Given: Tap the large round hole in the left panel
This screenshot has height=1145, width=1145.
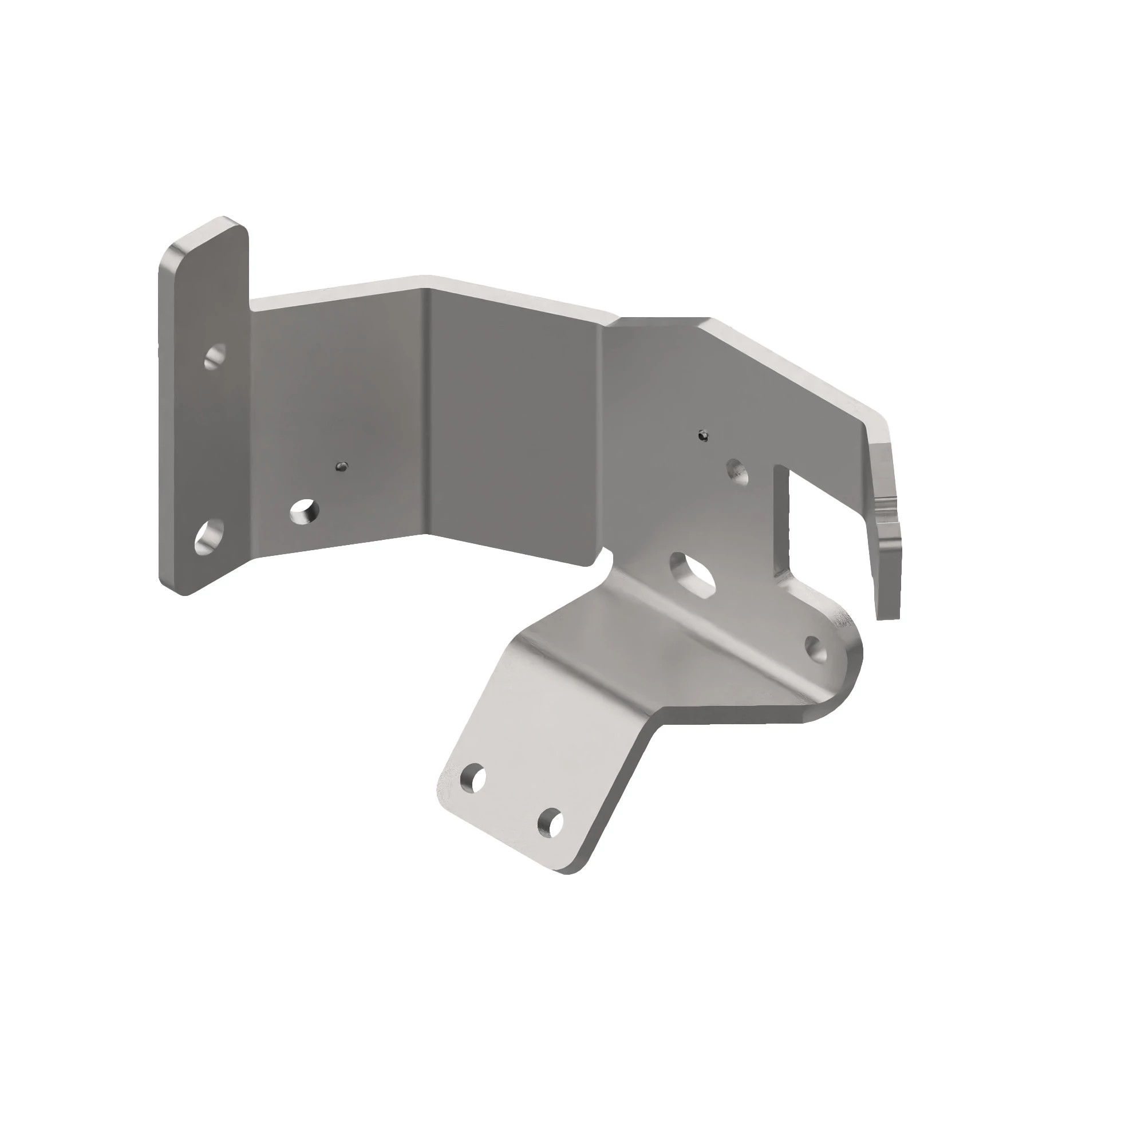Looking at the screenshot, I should click(305, 511).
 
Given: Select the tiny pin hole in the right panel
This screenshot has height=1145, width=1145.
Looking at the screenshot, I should click(703, 436).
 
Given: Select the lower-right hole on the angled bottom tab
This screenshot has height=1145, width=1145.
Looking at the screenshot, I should click(550, 823).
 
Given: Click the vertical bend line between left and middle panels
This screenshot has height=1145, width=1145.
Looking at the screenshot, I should click(425, 415).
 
